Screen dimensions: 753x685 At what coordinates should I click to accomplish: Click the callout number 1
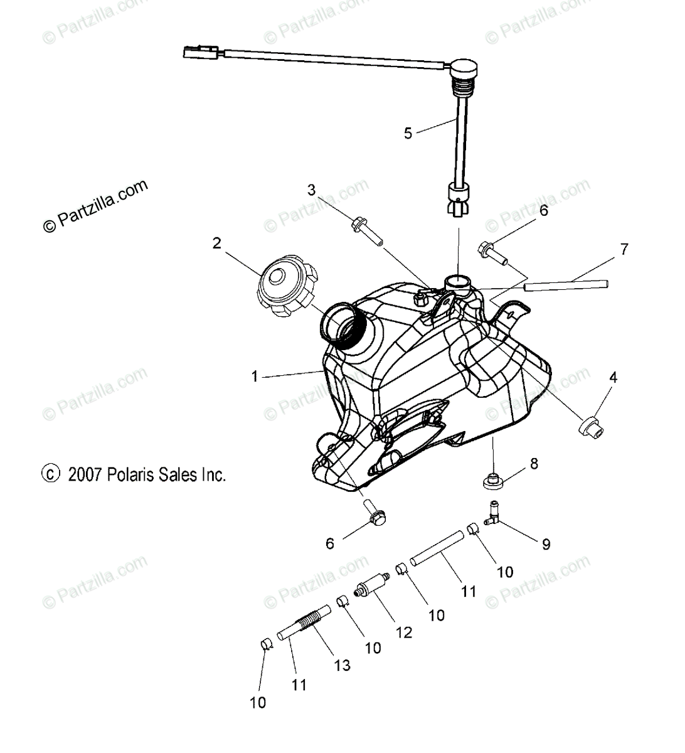(254, 376)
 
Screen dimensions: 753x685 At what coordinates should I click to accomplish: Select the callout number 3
(311, 190)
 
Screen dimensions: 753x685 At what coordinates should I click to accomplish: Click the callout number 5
(408, 133)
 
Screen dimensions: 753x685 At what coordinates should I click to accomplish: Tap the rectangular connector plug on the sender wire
(201, 52)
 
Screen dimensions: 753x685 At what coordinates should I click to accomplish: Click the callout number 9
(546, 544)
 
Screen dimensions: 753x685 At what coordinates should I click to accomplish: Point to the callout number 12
(405, 632)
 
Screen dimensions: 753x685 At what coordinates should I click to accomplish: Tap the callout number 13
(342, 665)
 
